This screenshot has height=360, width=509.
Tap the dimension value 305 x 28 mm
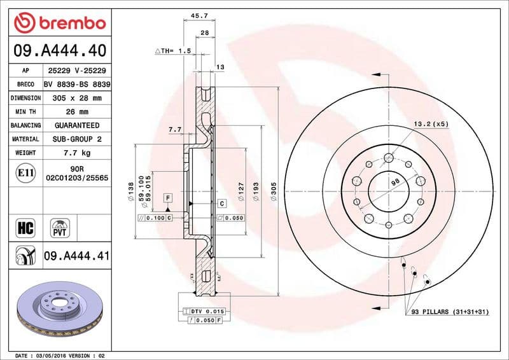click(x=77, y=98)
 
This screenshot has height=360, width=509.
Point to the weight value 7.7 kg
click(x=77, y=153)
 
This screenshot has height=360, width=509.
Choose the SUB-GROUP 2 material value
click(x=77, y=139)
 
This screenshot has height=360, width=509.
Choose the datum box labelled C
click(x=222, y=204)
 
